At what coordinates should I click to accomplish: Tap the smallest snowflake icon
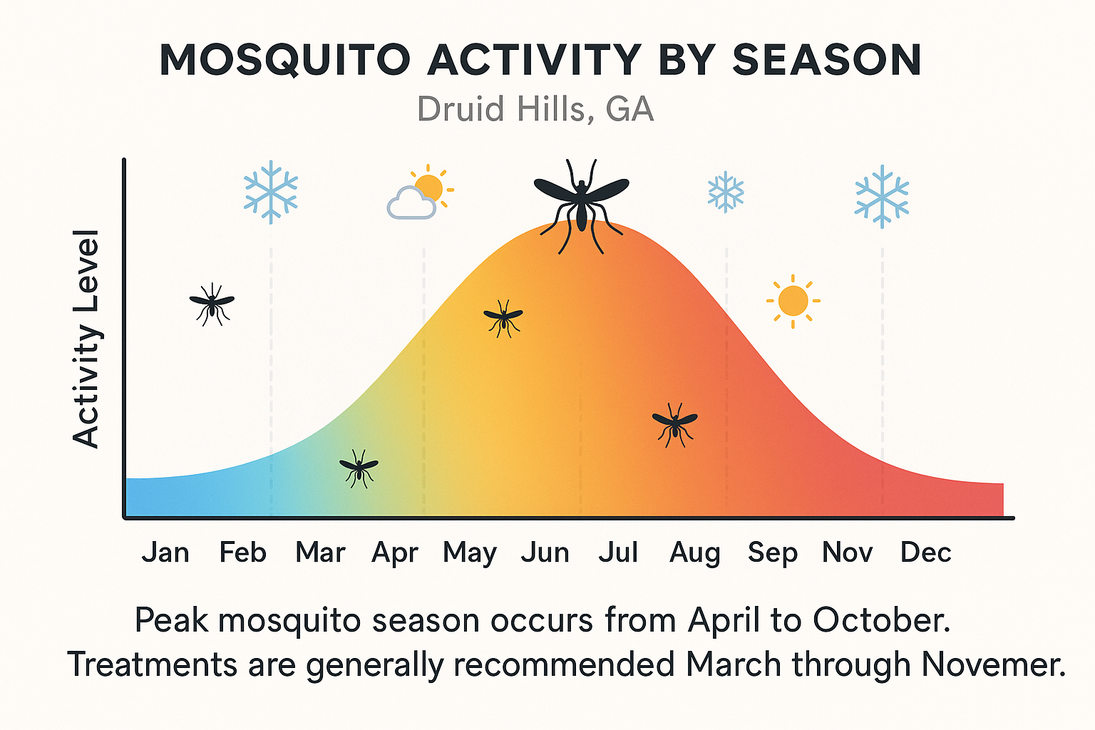click(x=725, y=191)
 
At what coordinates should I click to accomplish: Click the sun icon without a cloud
click(x=793, y=301)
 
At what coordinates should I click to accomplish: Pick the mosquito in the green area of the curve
click(x=359, y=468)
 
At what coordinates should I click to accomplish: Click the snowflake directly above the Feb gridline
click(x=270, y=192)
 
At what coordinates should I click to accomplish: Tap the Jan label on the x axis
click(x=165, y=552)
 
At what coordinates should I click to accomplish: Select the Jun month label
click(x=545, y=552)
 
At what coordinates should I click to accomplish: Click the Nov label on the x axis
click(x=847, y=552)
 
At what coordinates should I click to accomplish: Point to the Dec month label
click(x=925, y=552)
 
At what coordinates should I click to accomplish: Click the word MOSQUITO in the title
click(x=285, y=60)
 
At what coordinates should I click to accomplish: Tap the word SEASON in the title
click(x=827, y=60)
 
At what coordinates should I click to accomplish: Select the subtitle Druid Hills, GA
click(x=535, y=110)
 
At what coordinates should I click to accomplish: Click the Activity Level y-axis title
click(x=86, y=339)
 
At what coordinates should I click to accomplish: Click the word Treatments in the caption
click(x=152, y=664)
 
